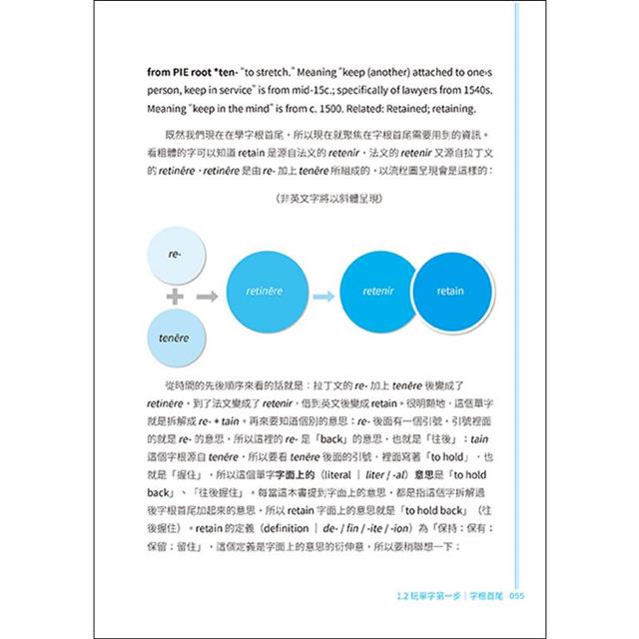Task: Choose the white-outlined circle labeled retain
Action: pyautogui.click(x=450, y=292)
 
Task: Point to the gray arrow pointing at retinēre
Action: pyautogui.click(x=207, y=297)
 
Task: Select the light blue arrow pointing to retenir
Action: pyautogui.click(x=322, y=296)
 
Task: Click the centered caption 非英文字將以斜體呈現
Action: pyautogui.click(x=319, y=199)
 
